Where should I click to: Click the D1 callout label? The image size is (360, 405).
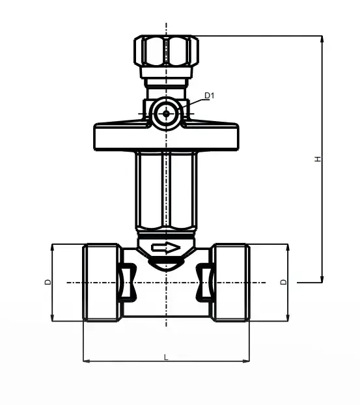pos(210,96)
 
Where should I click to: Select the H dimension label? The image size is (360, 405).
pos(318,159)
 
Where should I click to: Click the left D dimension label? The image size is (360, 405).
pos(48,282)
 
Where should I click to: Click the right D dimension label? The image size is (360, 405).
pos(284,282)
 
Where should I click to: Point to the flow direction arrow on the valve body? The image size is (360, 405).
pos(166,248)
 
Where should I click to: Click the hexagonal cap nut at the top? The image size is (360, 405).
pos(166,50)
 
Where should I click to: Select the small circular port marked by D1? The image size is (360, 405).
pos(166,113)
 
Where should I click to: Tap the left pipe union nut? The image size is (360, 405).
pos(102,283)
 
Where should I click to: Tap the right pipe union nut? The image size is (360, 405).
pos(230,283)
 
